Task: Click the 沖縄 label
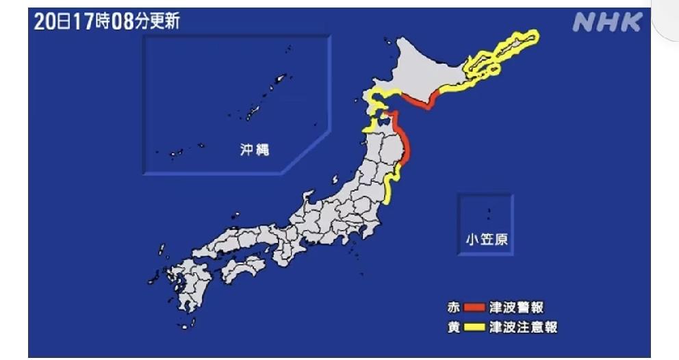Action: (254, 149)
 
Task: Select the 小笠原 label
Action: (485, 240)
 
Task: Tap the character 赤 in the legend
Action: (453, 307)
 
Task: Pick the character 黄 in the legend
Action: (453, 327)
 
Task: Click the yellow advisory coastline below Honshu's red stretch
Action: (388, 188)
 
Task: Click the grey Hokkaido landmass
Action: (424, 68)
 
